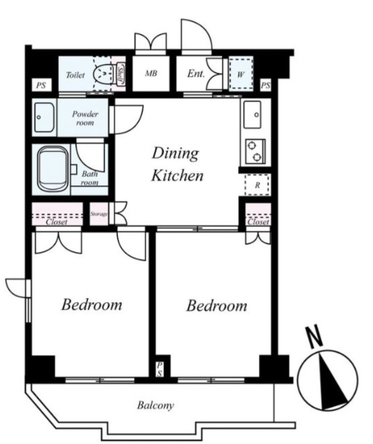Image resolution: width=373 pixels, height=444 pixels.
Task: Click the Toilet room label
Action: click(x=75, y=75)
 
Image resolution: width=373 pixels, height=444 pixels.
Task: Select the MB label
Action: click(x=151, y=73)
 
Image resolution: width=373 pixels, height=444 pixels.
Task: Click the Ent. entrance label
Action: click(x=196, y=73)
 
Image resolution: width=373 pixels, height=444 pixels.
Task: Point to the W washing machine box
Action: click(x=241, y=73)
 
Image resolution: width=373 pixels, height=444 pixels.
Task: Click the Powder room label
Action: click(x=85, y=118)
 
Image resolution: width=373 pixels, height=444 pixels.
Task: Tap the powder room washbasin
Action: click(x=44, y=117)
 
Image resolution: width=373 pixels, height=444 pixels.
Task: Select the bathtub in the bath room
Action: click(x=54, y=169)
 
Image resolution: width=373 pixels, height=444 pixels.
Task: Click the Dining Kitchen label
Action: click(x=177, y=164)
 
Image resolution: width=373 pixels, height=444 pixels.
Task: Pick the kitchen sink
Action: click(x=252, y=114)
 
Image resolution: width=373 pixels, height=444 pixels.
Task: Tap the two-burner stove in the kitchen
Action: click(x=255, y=152)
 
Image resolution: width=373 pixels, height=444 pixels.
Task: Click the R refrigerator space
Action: click(x=257, y=185)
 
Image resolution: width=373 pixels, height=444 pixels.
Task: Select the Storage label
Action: click(x=99, y=214)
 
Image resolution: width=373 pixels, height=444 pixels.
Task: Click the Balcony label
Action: click(x=155, y=405)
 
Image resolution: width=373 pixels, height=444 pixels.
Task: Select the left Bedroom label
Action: click(x=92, y=305)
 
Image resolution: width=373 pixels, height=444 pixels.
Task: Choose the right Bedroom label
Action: click(x=217, y=306)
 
